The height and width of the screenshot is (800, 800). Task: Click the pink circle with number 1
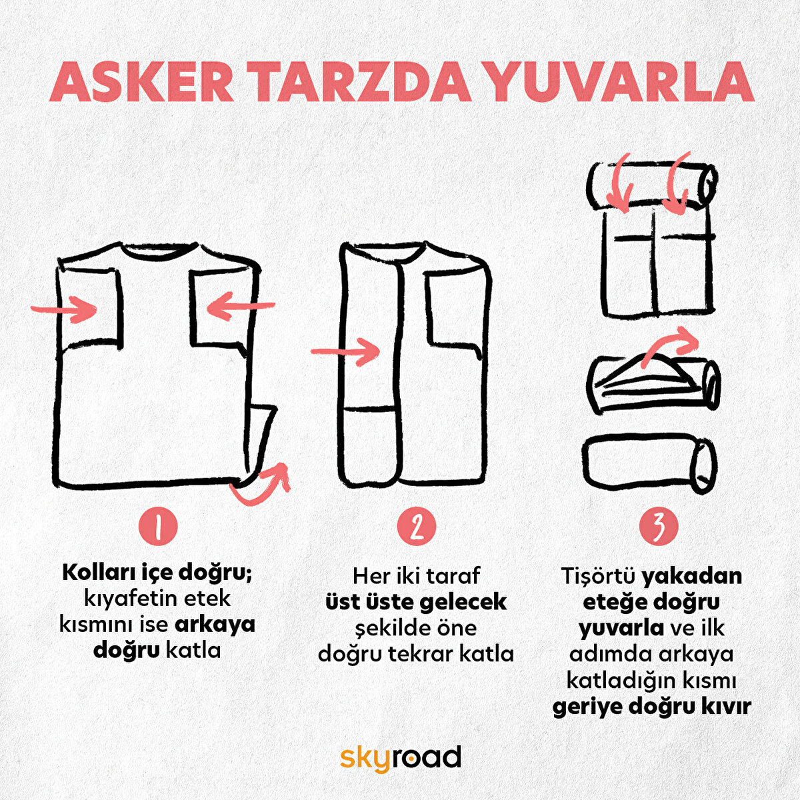tap(158, 527)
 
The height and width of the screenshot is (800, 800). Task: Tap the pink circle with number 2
tap(417, 527)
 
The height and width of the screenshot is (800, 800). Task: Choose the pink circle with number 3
tap(658, 527)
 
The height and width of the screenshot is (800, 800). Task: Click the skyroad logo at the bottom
tap(400, 758)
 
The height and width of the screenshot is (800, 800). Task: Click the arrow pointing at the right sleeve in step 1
tap(240, 307)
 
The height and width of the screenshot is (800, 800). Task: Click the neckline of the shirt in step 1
tap(159, 252)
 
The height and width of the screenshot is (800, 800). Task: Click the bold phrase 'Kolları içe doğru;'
tap(157, 572)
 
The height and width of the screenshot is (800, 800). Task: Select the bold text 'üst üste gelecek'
tap(416, 601)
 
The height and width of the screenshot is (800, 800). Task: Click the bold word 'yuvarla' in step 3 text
tap(621, 628)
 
